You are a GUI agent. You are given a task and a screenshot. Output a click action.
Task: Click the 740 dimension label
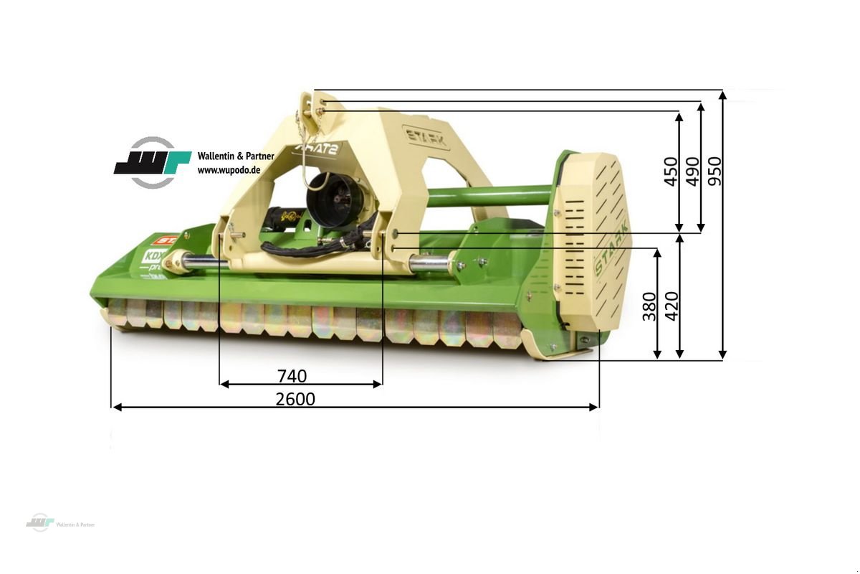[292, 376]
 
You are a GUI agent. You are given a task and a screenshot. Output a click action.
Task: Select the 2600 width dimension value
[295, 399]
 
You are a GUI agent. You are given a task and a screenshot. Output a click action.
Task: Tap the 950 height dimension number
[715, 171]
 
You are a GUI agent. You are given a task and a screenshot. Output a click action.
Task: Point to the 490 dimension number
[692, 171]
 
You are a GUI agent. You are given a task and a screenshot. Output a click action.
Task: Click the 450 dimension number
[672, 171]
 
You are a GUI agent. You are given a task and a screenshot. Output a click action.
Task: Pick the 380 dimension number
[649, 306]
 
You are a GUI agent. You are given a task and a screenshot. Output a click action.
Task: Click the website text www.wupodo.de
[229, 170]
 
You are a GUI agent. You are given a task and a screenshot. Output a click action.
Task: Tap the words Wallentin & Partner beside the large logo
[236, 156]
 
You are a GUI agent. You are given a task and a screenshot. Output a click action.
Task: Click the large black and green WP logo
[152, 163]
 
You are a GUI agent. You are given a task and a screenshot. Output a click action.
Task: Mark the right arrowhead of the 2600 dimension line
[594, 407]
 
